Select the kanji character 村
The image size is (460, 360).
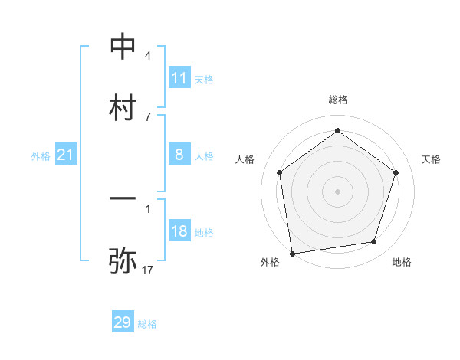click(123, 106)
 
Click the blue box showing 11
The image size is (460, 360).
click(179, 77)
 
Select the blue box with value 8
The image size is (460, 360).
click(179, 155)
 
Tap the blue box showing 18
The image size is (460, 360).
click(179, 231)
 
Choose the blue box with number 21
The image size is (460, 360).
click(66, 155)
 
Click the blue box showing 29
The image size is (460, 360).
click(123, 322)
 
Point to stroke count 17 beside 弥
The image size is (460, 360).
click(148, 270)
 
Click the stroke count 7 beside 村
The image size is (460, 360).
click(147, 116)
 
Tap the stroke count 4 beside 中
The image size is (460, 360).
click(147, 56)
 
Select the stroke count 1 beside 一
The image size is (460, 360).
click(147, 208)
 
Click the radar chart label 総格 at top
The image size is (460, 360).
click(338, 100)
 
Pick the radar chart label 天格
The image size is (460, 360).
click(431, 159)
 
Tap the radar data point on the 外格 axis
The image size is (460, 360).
click(292, 252)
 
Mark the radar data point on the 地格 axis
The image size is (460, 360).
click(374, 242)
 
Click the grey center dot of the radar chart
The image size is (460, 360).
click(337, 191)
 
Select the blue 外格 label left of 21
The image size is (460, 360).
click(41, 155)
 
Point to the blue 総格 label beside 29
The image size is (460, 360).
click(147, 323)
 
